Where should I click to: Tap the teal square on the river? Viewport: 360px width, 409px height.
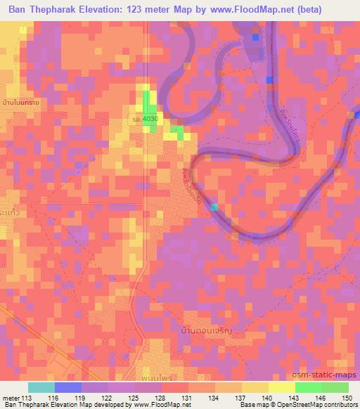tap(214, 207)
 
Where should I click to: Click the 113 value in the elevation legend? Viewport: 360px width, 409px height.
tap(27, 397)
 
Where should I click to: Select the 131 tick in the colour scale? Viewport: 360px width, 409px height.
tap(188, 397)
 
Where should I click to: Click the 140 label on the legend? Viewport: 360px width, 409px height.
tap(268, 397)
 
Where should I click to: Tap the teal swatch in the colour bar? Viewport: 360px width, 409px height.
tap(41, 387)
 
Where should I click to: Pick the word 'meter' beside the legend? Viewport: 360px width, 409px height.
tap(11, 397)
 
